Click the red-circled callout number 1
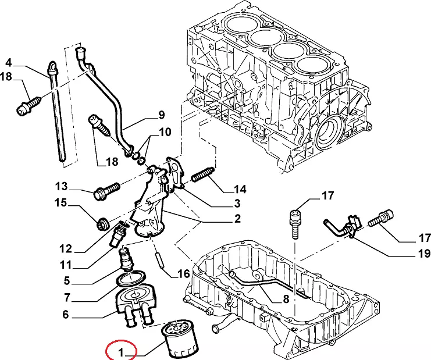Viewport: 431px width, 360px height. click(120, 352)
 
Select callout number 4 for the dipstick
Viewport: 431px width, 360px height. click(9, 63)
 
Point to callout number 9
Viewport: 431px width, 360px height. click(161, 115)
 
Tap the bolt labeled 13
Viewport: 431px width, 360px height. click(107, 190)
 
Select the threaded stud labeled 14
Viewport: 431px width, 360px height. click(202, 174)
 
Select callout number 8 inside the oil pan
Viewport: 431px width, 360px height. click(286, 299)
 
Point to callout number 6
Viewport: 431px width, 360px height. click(65, 315)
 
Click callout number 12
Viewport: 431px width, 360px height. click(65, 249)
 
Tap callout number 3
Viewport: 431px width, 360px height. click(237, 203)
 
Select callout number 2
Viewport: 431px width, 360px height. click(237, 219)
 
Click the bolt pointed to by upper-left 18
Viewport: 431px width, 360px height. click(29, 105)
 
